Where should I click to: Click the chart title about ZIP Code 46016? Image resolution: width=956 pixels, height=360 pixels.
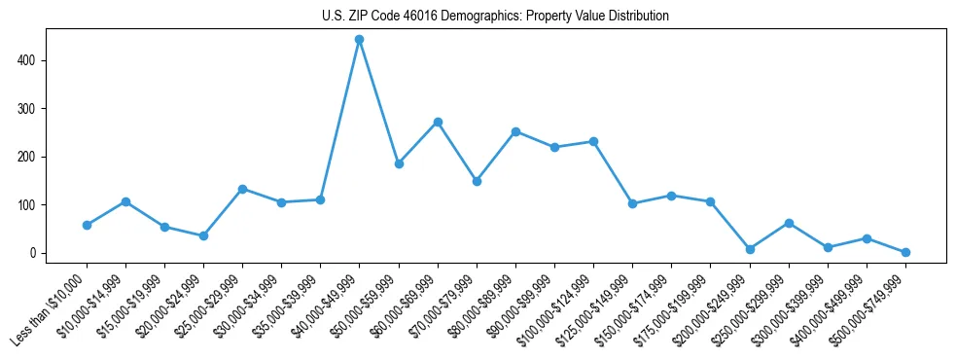tap(495, 17)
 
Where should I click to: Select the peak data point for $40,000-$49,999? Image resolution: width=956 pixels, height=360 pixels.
tap(360, 40)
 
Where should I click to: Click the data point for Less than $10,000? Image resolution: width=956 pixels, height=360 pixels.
tap(87, 225)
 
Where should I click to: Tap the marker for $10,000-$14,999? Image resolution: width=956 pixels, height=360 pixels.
tap(125, 201)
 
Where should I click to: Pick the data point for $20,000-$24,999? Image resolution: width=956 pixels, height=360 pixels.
tap(203, 235)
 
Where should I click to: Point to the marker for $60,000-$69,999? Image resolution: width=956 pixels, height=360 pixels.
tap(438, 122)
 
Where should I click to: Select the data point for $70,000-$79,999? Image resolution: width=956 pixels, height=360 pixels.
tap(477, 181)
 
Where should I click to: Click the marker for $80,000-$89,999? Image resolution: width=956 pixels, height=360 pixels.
tap(515, 131)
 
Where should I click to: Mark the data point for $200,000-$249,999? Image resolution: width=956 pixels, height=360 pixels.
tap(750, 249)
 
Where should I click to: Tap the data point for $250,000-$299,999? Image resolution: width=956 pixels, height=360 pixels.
tap(789, 223)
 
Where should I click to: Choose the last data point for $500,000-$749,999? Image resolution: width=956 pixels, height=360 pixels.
tap(905, 252)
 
